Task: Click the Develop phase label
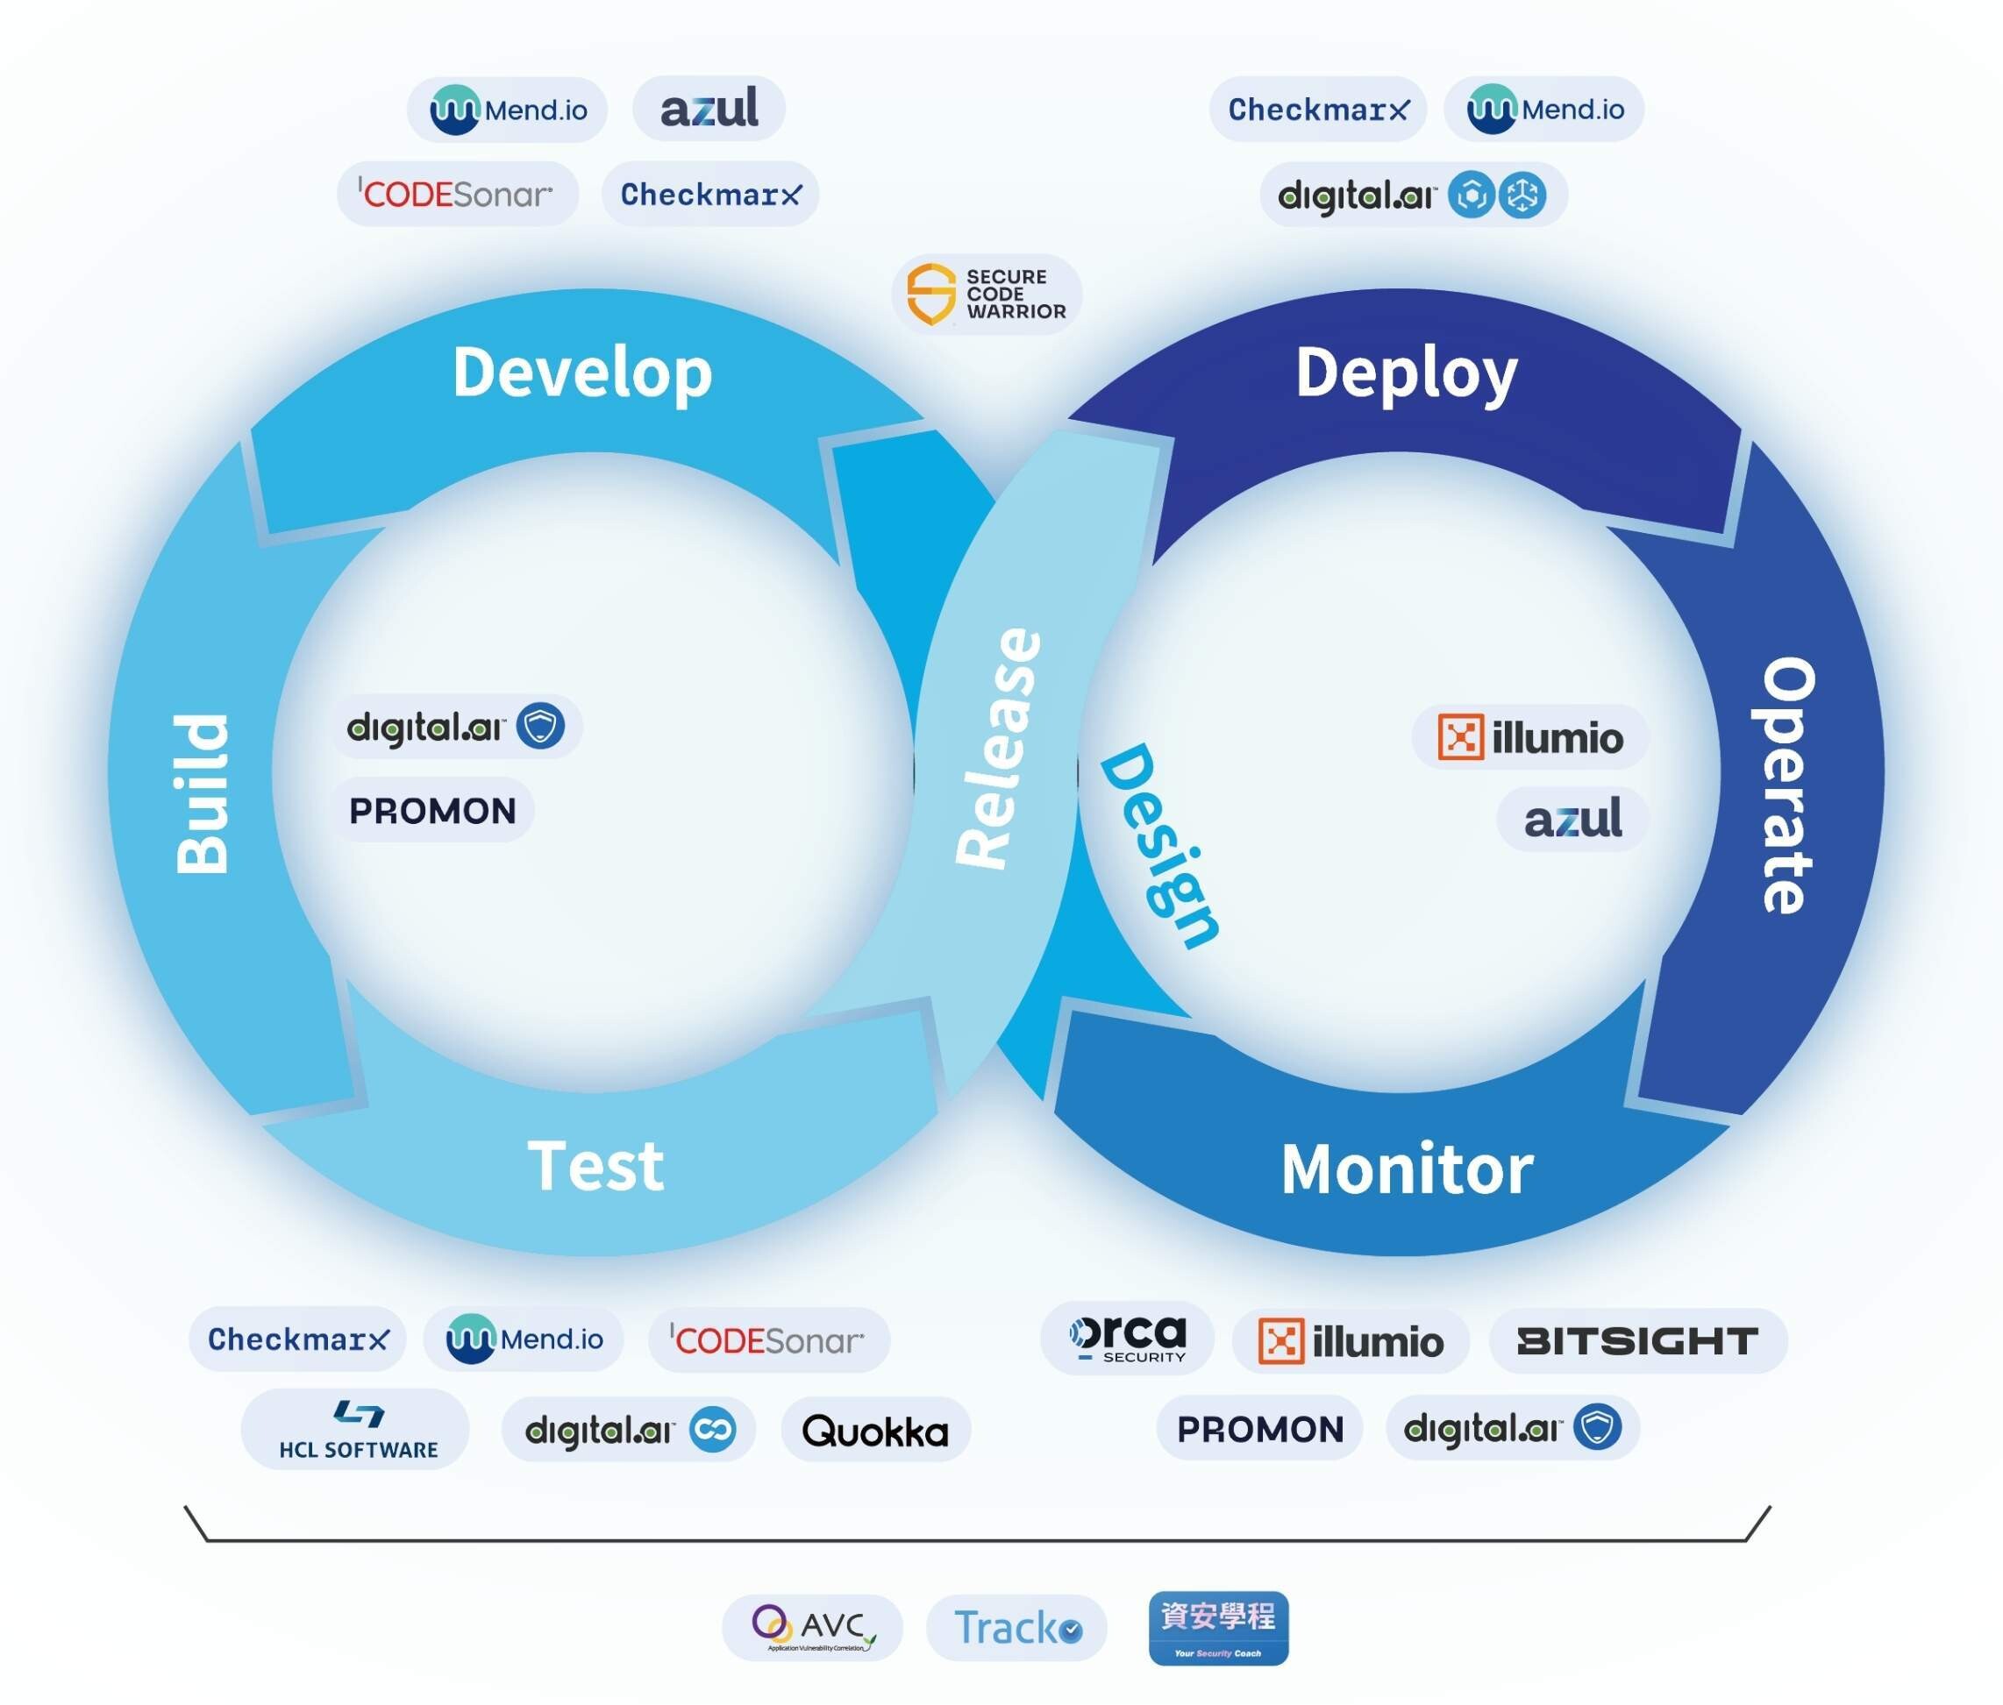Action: [x=582, y=373]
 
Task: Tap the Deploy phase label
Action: [x=1406, y=373]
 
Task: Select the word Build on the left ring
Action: [x=203, y=793]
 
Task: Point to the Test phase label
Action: [x=595, y=1166]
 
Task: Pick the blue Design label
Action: [x=1159, y=845]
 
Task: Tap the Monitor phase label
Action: [x=1407, y=1169]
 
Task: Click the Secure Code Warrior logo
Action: [x=986, y=294]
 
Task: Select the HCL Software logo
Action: [x=357, y=1430]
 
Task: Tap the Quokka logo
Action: [x=875, y=1431]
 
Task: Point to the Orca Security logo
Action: [x=1127, y=1339]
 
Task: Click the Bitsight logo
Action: [x=1636, y=1340]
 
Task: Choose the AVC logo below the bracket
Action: [x=813, y=1629]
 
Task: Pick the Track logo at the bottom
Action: [x=1016, y=1629]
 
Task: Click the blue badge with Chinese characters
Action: [x=1218, y=1629]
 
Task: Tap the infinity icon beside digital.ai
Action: [x=712, y=1430]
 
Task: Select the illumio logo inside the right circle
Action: [x=1529, y=737]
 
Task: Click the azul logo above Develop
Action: [x=709, y=108]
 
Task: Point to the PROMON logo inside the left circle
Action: [x=432, y=811]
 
